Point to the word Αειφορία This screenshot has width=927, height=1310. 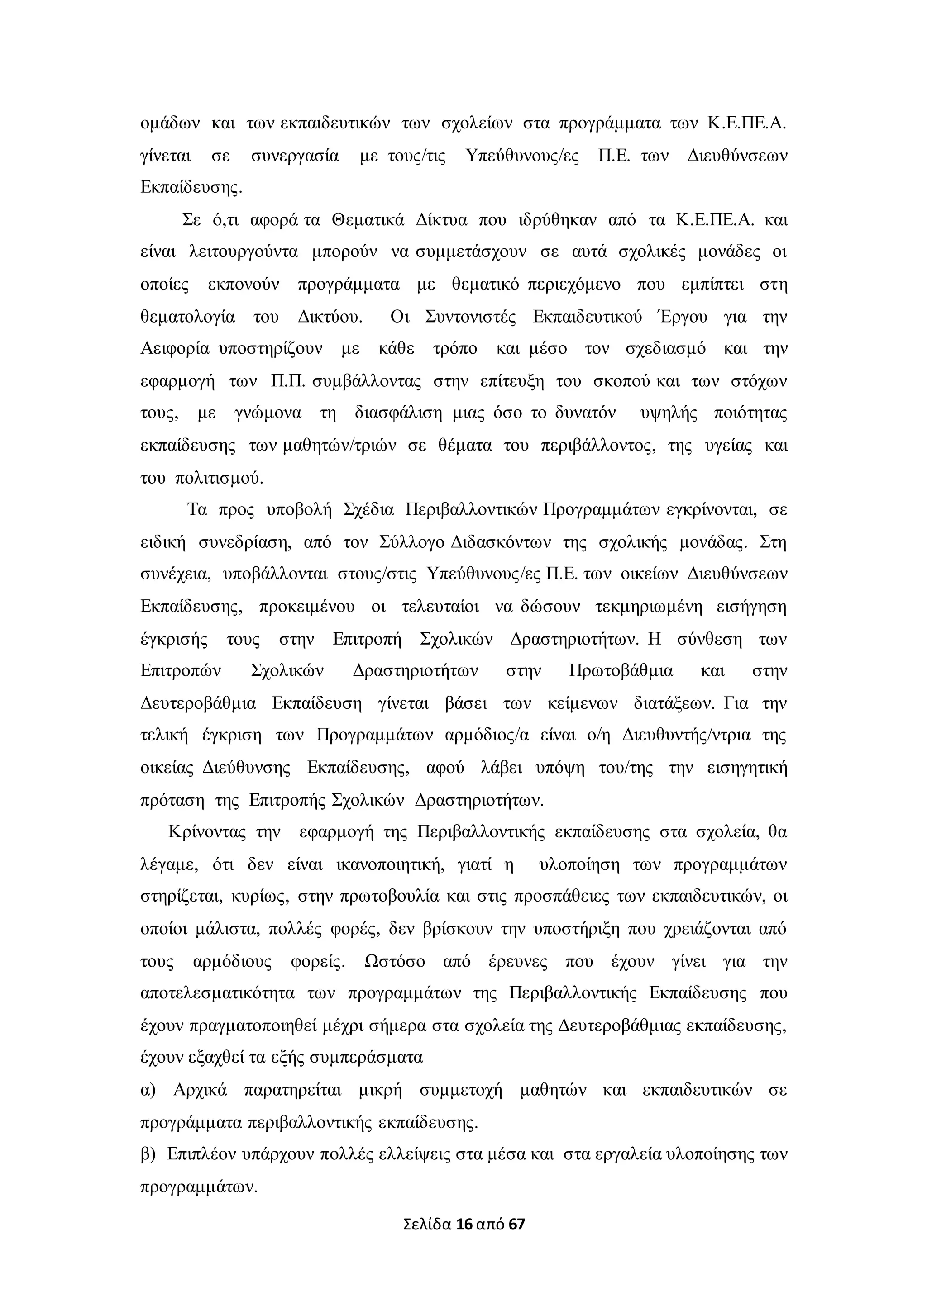click(175, 349)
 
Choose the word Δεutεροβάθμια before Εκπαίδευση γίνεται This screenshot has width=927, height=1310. click(198, 703)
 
